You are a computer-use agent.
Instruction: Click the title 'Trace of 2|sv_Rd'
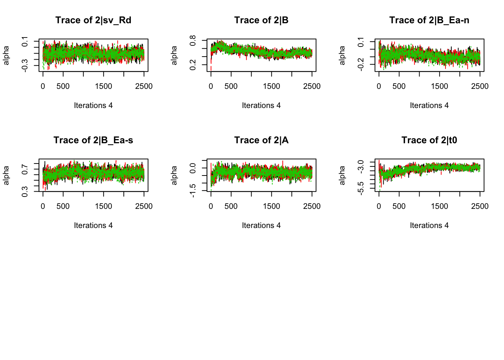[x=93, y=20]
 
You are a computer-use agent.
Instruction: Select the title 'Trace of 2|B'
[x=261, y=20]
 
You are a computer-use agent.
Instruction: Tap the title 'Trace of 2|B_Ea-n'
[x=429, y=20]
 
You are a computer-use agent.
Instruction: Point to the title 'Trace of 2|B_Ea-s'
[x=93, y=140]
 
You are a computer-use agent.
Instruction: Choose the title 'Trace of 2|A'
[x=261, y=140]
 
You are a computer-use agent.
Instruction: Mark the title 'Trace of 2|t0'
[x=429, y=140]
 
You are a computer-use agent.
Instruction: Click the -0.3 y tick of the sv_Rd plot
[x=25, y=66]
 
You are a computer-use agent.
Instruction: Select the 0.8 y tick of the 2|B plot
[x=193, y=40]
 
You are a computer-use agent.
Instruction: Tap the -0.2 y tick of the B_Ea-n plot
[x=361, y=64]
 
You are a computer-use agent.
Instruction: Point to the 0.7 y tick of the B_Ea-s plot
[x=25, y=169]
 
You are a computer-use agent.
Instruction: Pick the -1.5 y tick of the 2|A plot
[x=193, y=190]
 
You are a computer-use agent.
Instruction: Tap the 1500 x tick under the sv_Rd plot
[x=103, y=86]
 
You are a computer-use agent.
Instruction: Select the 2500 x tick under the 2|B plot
[x=312, y=86]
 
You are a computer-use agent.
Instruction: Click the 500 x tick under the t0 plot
[x=399, y=206]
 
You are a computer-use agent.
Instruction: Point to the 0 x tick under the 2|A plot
[x=211, y=206]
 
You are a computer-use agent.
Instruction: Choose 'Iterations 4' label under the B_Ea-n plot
[x=429, y=105]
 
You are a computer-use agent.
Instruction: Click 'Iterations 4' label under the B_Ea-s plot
[x=93, y=225]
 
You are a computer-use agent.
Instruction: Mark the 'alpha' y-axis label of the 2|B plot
[x=174, y=55]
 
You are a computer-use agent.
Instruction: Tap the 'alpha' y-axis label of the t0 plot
[x=342, y=175]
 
